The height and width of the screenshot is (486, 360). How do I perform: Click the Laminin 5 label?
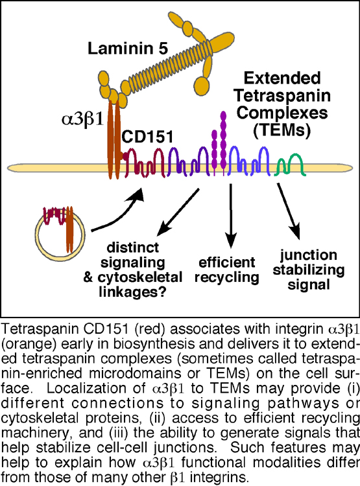[x=128, y=49]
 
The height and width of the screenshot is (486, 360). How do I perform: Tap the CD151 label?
[x=147, y=137]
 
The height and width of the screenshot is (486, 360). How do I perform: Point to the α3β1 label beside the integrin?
[x=82, y=119]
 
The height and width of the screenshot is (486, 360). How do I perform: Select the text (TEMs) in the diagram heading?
[x=282, y=130]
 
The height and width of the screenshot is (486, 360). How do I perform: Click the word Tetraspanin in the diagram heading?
[x=282, y=95]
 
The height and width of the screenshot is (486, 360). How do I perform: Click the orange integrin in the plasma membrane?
[x=114, y=139]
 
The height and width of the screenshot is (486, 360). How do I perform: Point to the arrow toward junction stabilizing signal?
[x=288, y=210]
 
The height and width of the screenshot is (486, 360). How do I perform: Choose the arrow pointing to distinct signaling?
[x=178, y=212]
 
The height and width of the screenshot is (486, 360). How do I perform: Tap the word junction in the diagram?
[x=309, y=255]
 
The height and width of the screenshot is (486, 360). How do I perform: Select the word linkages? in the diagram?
[x=132, y=292]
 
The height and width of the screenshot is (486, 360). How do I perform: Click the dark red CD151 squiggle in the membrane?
[x=144, y=163]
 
